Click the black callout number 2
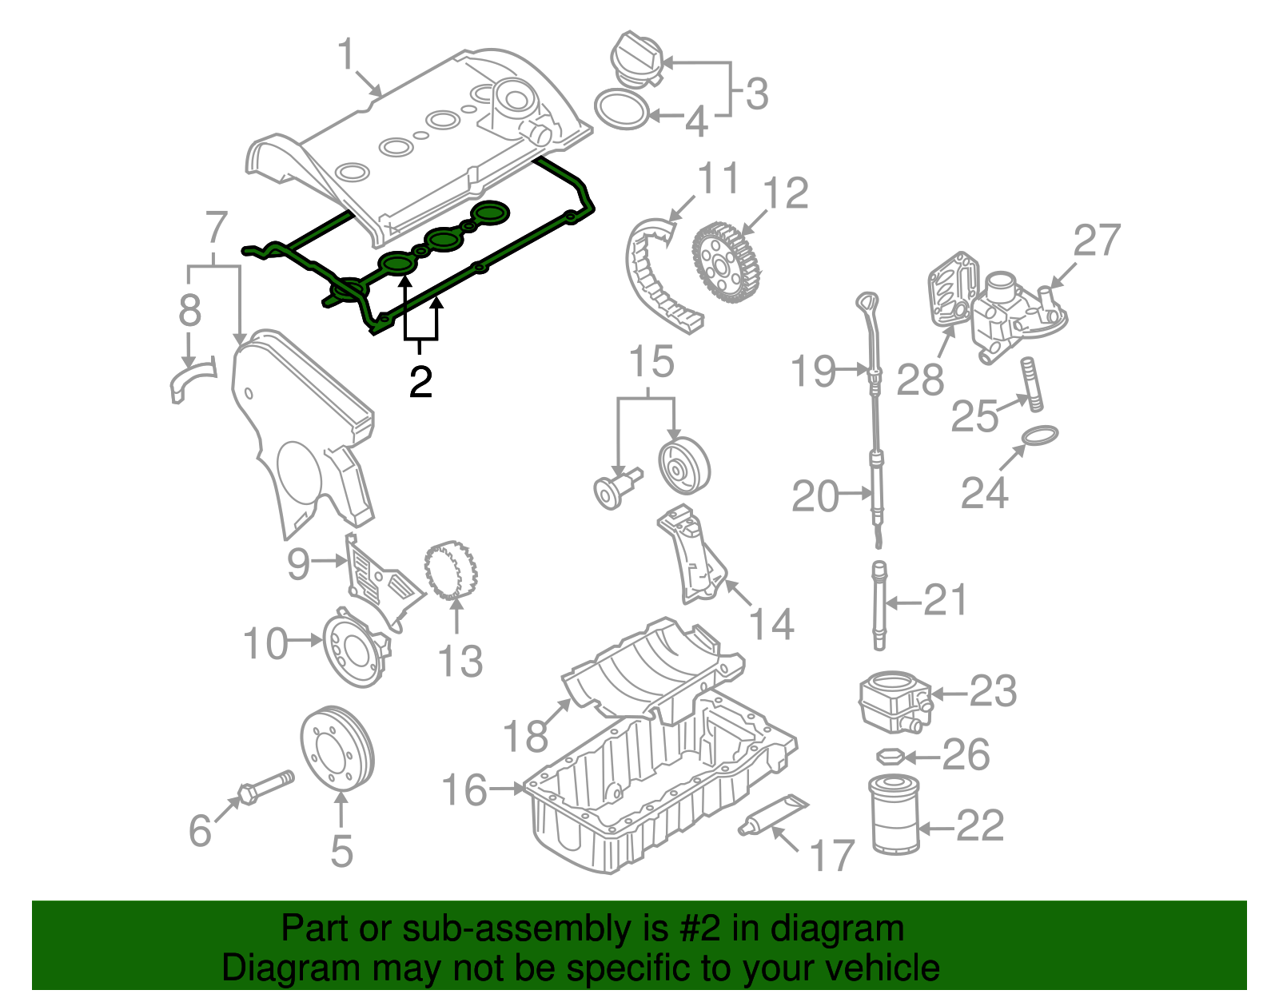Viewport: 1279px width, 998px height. coord(420,382)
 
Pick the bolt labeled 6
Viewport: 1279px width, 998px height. coord(264,786)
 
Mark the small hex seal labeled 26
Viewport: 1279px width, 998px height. coord(890,756)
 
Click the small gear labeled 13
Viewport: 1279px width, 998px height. coord(451,569)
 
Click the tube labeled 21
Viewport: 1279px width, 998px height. coord(879,607)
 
